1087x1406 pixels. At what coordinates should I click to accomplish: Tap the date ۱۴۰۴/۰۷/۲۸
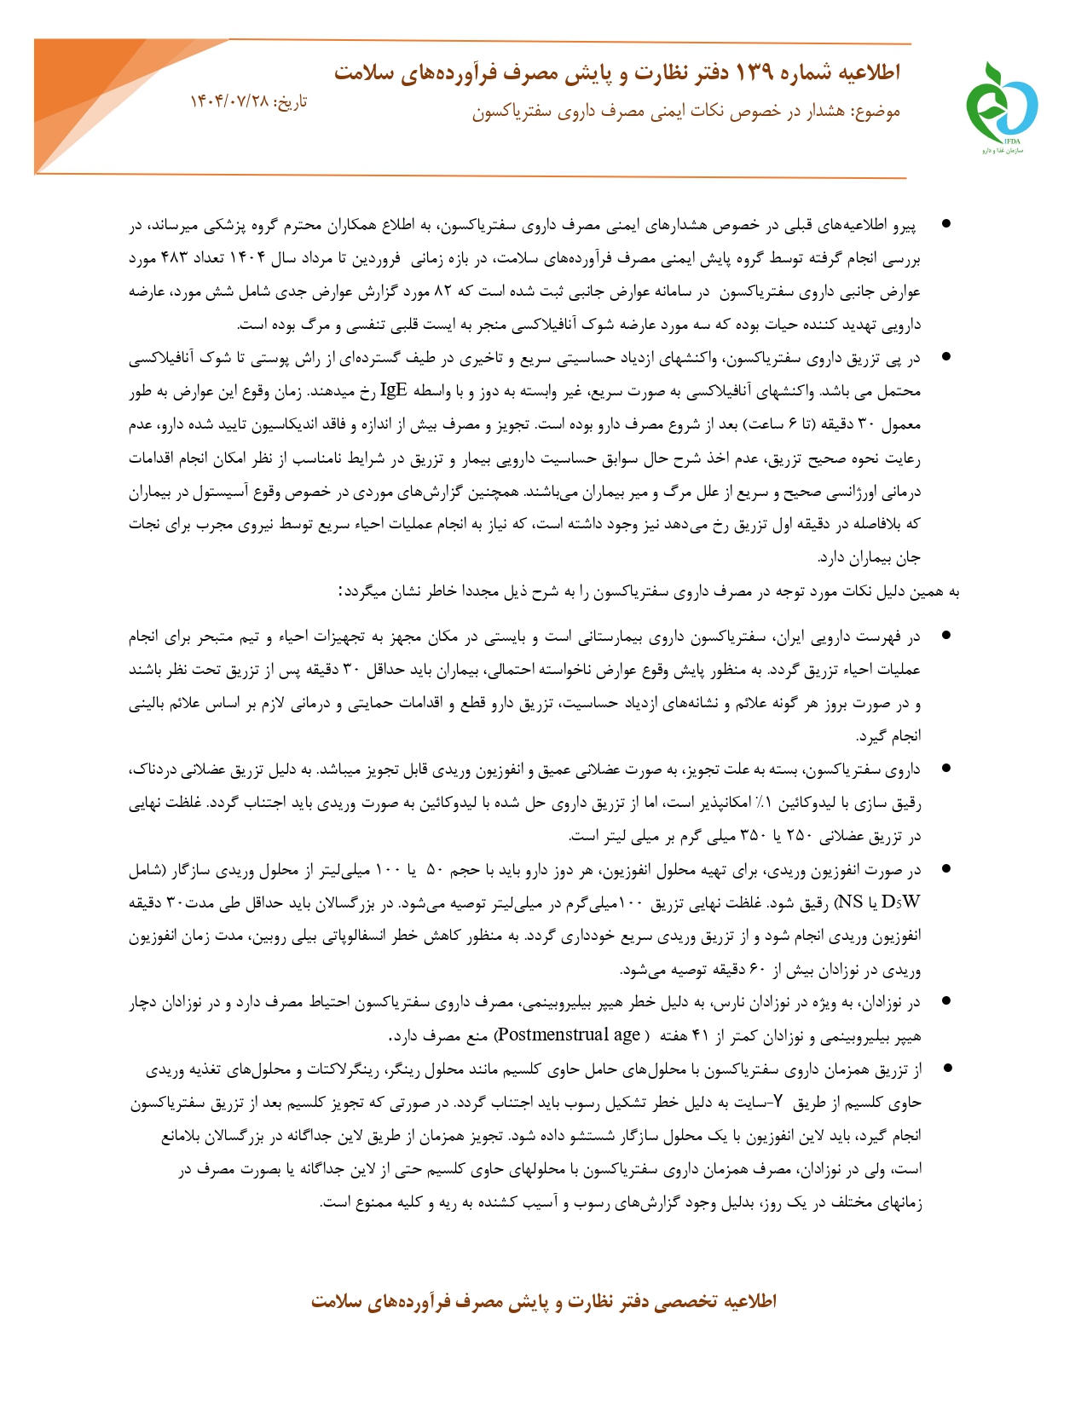(228, 101)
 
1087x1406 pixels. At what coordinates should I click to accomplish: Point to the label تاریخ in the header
(290, 101)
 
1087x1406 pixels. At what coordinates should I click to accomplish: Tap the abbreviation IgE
(393, 391)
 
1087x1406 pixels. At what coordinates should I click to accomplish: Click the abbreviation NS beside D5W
(851, 902)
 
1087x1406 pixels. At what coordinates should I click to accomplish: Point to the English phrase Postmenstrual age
(568, 1035)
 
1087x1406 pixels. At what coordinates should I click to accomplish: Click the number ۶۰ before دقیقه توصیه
(758, 970)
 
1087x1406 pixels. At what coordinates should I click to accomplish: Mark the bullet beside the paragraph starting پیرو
(945, 224)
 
